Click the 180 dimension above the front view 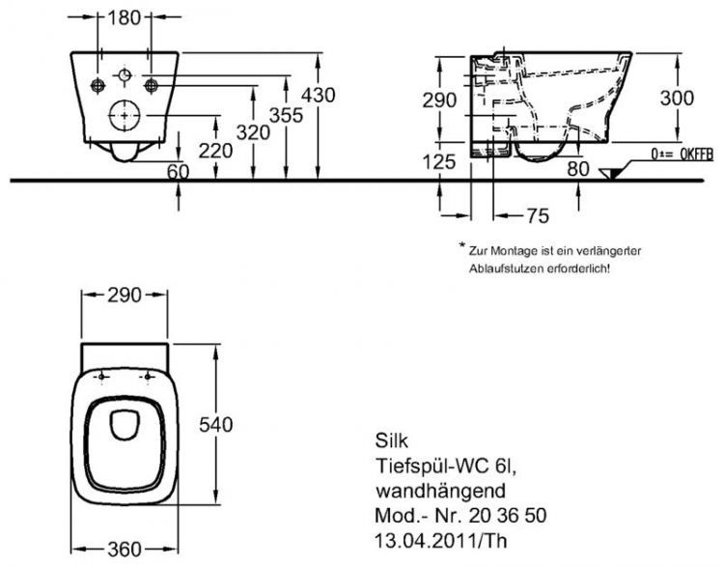[124, 16]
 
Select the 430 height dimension [319, 95]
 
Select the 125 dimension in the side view [439, 162]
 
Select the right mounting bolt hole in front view [150, 85]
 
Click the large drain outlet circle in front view [124, 115]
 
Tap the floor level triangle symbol [611, 173]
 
